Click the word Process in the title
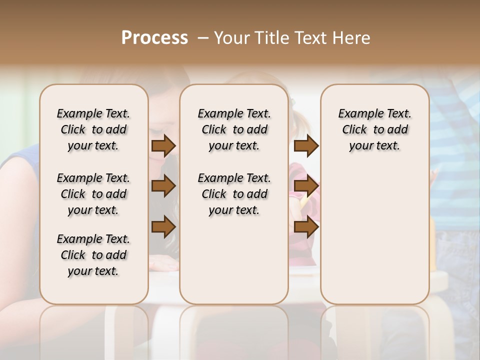click(x=154, y=38)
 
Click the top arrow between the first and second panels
click(x=163, y=146)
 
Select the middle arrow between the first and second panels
click(x=163, y=186)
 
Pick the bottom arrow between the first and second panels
click(x=163, y=226)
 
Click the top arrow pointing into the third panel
click(x=306, y=146)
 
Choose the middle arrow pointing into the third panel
click(x=306, y=186)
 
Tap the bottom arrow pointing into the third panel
click(x=306, y=226)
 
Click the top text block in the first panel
click(x=93, y=129)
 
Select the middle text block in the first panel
click(x=93, y=194)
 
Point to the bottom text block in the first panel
click(x=93, y=255)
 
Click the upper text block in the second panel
click(x=234, y=129)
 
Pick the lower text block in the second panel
click(x=234, y=194)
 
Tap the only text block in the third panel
click(x=374, y=129)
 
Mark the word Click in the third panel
click(x=354, y=130)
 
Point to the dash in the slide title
click(x=203, y=38)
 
